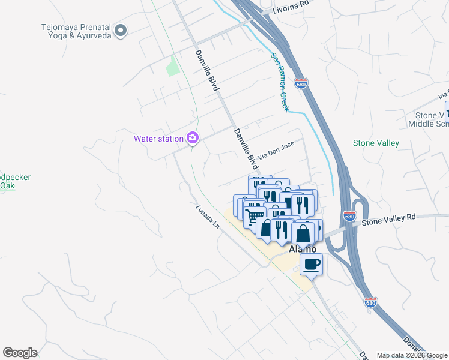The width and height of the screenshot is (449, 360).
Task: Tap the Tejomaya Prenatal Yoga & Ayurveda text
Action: click(76, 31)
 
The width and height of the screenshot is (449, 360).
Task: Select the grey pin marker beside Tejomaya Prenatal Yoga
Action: click(121, 31)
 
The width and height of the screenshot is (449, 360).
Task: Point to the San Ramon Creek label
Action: click(280, 82)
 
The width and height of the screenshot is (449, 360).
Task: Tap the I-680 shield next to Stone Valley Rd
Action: click(349, 215)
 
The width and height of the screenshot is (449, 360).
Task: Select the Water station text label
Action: click(158, 139)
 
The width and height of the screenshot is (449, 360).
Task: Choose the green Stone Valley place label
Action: click(376, 143)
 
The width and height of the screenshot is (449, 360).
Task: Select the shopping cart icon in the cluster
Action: click(255, 215)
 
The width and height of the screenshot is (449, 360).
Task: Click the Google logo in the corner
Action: click(20, 353)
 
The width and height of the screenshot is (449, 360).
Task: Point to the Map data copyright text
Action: click(412, 355)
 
